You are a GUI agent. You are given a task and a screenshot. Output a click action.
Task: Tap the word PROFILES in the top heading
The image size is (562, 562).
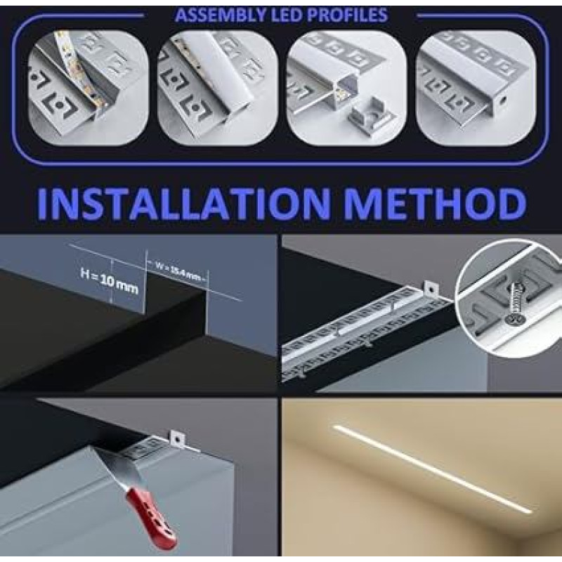[x=347, y=15]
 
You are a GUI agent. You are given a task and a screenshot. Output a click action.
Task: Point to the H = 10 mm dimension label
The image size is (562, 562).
[x=109, y=280]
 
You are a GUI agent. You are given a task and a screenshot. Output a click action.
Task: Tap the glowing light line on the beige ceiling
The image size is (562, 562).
[x=432, y=468]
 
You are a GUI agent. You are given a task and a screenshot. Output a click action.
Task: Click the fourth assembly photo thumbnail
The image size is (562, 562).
[x=476, y=87]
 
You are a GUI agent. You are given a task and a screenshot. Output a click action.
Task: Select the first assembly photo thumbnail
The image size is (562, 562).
[x=89, y=87]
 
